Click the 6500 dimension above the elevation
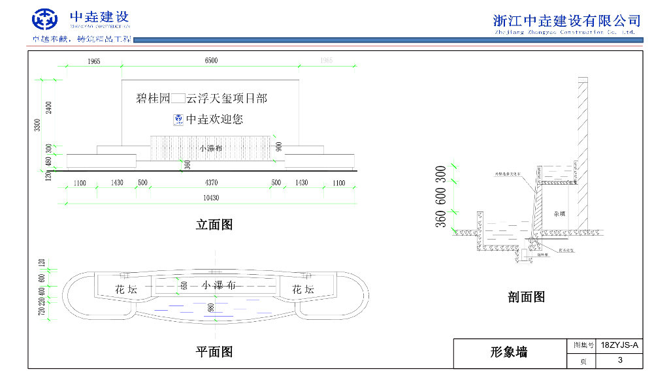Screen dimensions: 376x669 click(x=210, y=61)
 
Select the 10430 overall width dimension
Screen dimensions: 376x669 click(x=210, y=198)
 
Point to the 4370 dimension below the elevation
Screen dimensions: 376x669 click(x=210, y=183)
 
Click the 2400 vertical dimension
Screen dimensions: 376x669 click(x=48, y=106)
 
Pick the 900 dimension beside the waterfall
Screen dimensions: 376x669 click(x=279, y=147)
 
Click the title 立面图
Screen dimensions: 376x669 click(x=214, y=225)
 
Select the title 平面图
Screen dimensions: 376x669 click(x=214, y=352)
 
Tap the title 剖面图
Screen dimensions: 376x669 click(x=526, y=297)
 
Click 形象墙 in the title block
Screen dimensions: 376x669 click(x=509, y=352)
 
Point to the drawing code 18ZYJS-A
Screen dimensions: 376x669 click(x=619, y=344)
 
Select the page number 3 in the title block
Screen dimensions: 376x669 click(x=619, y=360)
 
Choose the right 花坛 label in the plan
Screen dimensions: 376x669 click(x=302, y=289)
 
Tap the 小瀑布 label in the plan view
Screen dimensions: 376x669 click(x=219, y=285)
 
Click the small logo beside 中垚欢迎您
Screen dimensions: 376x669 click(x=178, y=119)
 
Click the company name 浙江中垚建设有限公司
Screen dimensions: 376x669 click(x=566, y=20)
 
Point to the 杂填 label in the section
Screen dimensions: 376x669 click(x=559, y=213)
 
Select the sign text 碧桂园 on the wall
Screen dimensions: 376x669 click(x=152, y=99)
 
